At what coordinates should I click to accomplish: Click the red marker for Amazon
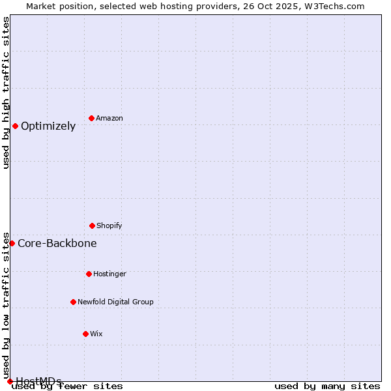coord(91,118)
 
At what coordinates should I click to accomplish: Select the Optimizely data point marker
coord(15,126)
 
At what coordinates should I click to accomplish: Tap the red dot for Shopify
coord(92,225)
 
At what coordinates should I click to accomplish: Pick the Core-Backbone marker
coord(12,243)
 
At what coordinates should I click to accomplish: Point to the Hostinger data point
coord(89,274)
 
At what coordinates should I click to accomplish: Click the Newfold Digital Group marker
coord(73,302)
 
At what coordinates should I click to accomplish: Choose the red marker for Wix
coord(85,334)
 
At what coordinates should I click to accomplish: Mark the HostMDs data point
coord(10,381)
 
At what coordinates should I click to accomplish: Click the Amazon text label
coord(109,118)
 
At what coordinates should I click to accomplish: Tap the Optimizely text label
coord(48,126)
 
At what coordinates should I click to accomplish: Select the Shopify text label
coord(109,225)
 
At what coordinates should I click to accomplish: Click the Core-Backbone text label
coord(57,244)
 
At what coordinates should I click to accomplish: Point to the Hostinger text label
coord(109,274)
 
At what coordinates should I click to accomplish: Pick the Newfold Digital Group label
coord(115,302)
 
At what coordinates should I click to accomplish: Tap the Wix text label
coord(96,334)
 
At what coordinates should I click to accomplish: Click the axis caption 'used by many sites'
coord(327,386)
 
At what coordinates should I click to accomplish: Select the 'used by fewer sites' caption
coord(68,386)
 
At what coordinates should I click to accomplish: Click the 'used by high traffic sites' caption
coord(6,93)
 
